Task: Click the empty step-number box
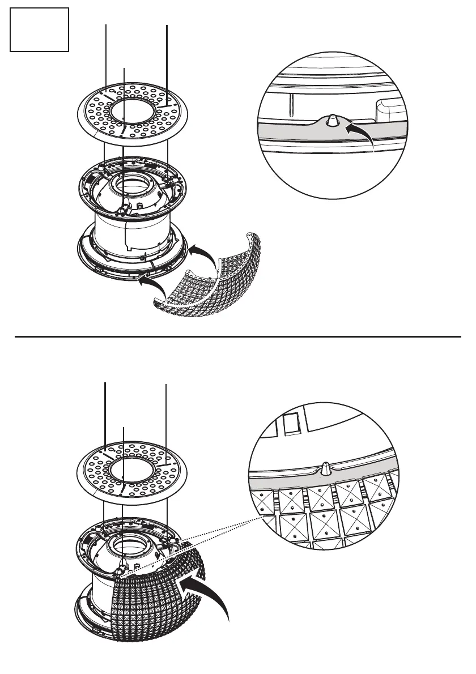(40, 29)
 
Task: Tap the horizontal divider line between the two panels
(238, 336)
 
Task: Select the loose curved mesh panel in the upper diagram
(227, 280)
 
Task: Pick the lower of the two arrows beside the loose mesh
(153, 283)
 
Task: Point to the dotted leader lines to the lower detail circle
(193, 544)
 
